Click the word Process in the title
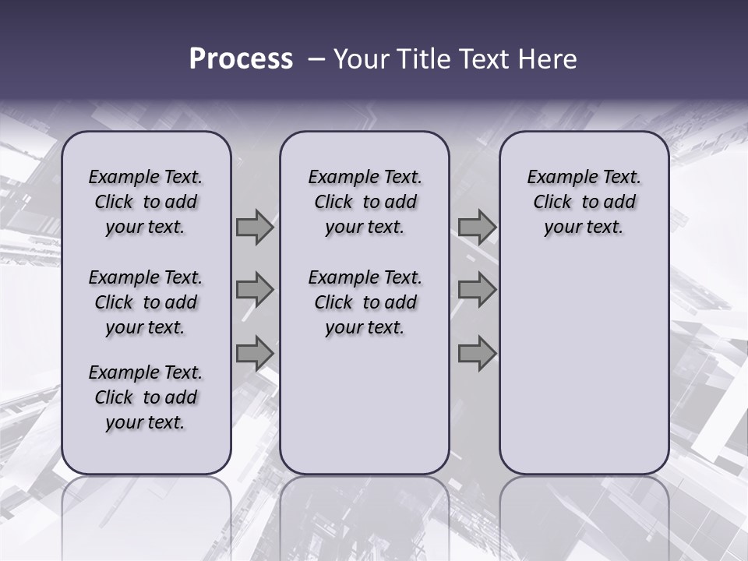coord(241,59)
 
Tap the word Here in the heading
coord(548,59)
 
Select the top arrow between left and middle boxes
coord(255,228)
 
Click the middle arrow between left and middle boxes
coord(255,290)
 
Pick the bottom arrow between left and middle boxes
coord(255,353)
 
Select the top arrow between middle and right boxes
coord(477,228)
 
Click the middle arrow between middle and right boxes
coord(477,290)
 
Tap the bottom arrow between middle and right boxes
coord(477,353)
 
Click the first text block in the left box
coord(146,202)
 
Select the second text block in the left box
coord(146,302)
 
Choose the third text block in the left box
coord(146,397)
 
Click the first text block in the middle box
coord(365,202)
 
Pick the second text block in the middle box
coord(365,302)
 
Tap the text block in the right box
coord(584,202)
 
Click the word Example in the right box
coord(557,177)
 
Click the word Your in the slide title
coord(357,59)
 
